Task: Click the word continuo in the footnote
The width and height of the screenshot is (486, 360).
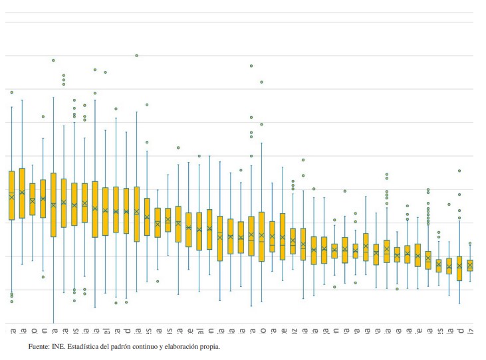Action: coord(159,347)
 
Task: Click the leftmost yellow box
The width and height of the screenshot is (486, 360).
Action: coord(11,195)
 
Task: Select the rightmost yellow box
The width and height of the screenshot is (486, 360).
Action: coord(470,265)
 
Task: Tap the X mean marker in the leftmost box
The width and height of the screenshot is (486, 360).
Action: coord(11,197)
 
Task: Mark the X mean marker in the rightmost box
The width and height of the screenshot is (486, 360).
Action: coord(470,265)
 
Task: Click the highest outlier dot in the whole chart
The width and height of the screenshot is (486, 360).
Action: coord(137,56)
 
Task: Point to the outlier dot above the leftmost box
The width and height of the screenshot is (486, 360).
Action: coord(11,92)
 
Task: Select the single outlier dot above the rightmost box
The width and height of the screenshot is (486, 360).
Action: coord(470,244)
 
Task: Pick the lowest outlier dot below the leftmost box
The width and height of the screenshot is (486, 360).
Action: coord(11,302)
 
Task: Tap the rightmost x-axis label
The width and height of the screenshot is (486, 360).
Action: coord(470,330)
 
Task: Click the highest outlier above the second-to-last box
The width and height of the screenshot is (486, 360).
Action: coord(459,171)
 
